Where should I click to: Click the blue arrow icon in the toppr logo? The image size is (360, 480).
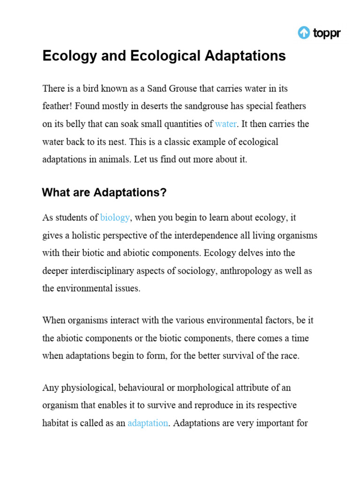(304, 33)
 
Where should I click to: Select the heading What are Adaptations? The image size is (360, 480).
(105, 192)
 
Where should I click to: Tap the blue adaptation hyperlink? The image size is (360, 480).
(148, 423)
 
